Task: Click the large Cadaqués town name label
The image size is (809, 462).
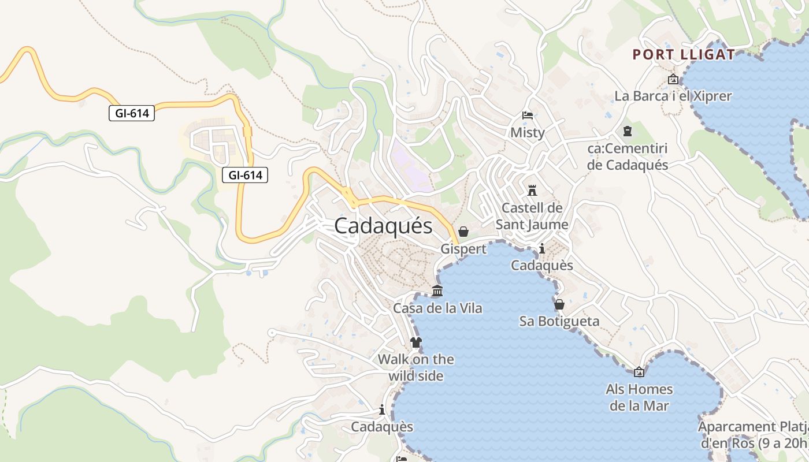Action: (383, 226)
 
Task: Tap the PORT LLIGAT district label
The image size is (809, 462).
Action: (684, 55)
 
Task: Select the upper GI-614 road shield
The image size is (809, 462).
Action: (132, 113)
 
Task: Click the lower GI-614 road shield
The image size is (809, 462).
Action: (245, 174)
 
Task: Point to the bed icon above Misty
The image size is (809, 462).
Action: (527, 115)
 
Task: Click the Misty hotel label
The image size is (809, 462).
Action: (527, 133)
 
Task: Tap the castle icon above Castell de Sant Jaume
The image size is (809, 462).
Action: (532, 190)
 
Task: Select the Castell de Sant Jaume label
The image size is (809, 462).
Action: (532, 216)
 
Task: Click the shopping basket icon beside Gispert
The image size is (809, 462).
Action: (463, 232)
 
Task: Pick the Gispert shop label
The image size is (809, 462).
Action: (463, 249)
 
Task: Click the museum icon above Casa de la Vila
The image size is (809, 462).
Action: (437, 291)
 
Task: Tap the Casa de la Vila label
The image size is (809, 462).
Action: (437, 308)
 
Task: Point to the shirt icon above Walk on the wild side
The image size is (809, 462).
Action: (415, 342)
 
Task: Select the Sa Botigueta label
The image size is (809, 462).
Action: (559, 321)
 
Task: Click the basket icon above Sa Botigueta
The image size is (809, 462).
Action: (559, 304)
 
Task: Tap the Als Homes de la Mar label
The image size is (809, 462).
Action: (639, 397)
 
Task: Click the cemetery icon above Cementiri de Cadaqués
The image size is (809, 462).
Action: (628, 131)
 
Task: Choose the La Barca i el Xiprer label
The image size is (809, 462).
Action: (673, 96)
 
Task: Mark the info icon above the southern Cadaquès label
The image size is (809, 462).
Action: (382, 410)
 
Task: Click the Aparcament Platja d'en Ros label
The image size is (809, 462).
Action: (754, 435)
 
